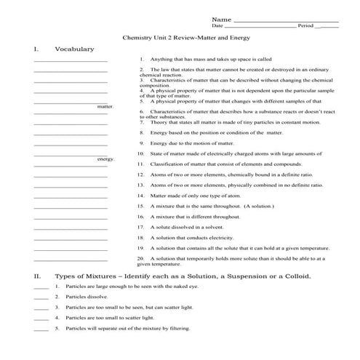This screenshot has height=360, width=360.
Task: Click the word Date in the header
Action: tap(217, 25)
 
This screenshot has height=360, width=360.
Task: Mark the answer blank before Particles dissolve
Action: tap(41, 297)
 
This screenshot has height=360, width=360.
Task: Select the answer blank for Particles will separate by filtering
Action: tap(41, 329)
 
